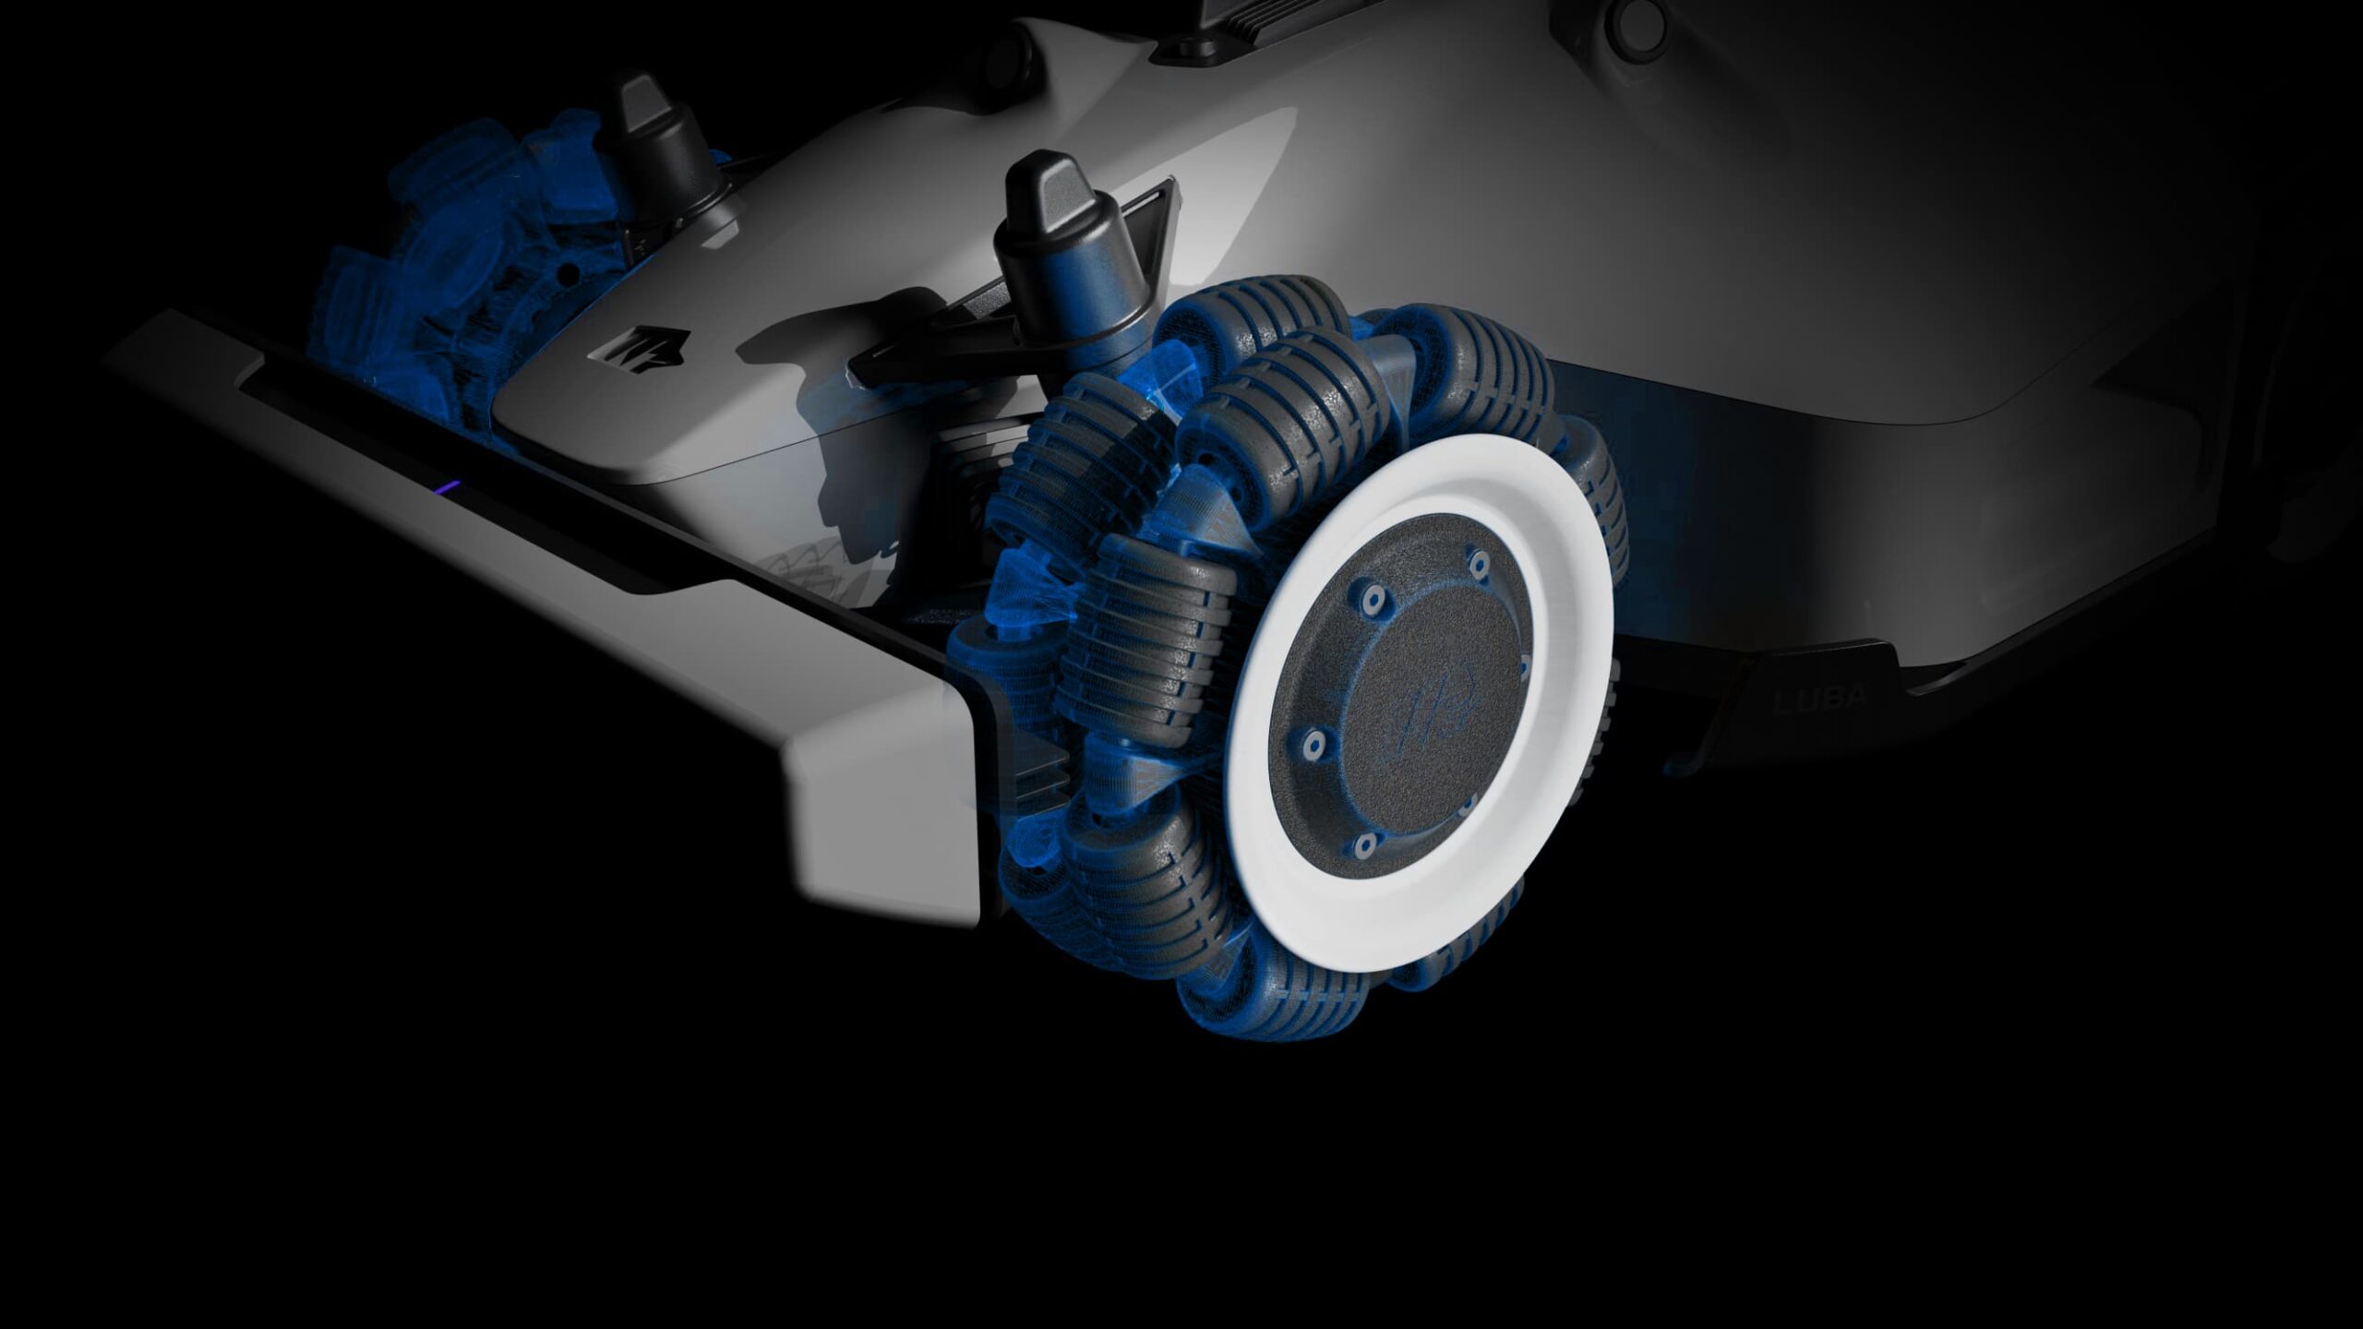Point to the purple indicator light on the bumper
449,486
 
